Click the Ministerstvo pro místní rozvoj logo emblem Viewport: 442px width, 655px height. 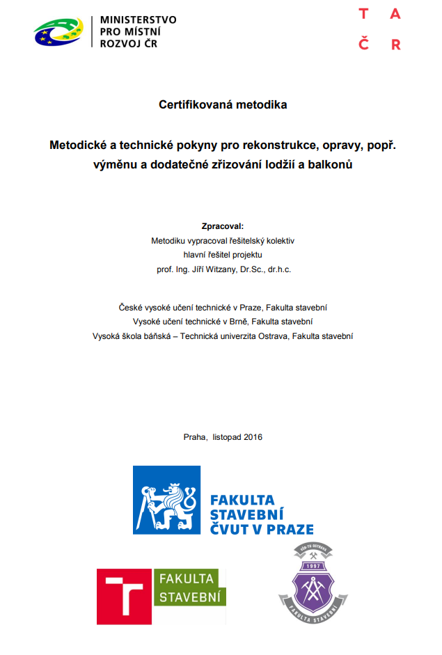[58, 32]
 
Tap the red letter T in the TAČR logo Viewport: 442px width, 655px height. [363, 14]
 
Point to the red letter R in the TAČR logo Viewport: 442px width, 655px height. [395, 45]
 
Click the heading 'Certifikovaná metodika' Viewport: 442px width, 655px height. [223, 105]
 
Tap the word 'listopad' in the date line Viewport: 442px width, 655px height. [223, 437]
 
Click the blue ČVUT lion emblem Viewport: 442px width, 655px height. [166, 500]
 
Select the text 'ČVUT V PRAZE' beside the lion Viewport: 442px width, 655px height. [261, 529]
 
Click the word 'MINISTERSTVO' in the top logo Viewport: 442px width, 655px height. [138, 19]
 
